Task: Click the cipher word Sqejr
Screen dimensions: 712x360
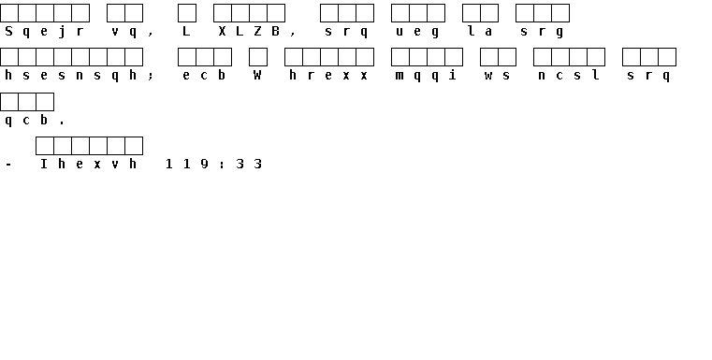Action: (45, 32)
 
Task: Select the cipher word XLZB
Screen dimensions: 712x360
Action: (249, 31)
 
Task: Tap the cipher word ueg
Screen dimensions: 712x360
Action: (418, 32)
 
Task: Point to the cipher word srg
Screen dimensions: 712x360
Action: (542, 32)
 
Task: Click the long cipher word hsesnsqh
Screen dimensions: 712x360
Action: (71, 76)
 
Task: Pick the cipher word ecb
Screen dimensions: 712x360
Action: (204, 75)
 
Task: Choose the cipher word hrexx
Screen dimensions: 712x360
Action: (328, 75)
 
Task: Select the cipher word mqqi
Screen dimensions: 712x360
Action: (427, 76)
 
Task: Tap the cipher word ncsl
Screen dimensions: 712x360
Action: (569, 75)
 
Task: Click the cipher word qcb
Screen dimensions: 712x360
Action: (26, 121)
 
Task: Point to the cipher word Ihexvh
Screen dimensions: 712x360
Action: (89, 164)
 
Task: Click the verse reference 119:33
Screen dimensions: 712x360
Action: (213, 164)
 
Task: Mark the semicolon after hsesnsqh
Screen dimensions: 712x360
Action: (151, 76)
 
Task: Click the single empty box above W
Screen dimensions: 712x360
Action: (258, 57)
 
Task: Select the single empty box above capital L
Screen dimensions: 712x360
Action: (186, 13)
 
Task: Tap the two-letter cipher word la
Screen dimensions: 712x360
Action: (480, 31)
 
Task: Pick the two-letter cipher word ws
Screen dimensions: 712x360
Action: (498, 76)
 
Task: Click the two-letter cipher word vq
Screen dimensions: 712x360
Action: (124, 32)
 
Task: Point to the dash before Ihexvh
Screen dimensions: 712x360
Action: (8, 165)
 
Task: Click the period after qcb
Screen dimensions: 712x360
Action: (62, 123)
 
